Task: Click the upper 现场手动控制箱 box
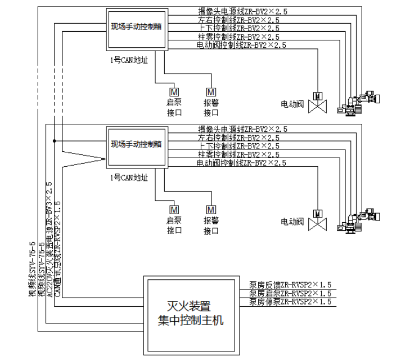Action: (x=137, y=28)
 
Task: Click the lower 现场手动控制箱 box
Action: (x=137, y=145)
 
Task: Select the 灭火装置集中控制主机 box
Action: (x=190, y=315)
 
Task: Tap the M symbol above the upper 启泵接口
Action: (x=174, y=91)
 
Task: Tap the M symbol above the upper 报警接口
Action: (x=210, y=91)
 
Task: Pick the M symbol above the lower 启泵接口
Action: (x=174, y=209)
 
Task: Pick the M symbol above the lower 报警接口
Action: (x=210, y=209)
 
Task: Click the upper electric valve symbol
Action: (x=319, y=103)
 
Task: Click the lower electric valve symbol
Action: (x=319, y=221)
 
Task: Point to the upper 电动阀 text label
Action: (x=293, y=103)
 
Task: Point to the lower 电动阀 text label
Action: (x=293, y=221)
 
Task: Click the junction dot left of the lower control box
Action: (x=54, y=141)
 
